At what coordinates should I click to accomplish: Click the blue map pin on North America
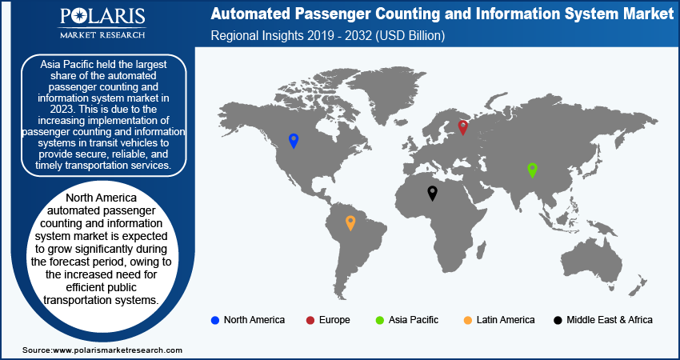[294, 141]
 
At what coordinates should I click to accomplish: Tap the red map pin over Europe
[463, 127]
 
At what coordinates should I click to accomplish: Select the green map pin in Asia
[532, 170]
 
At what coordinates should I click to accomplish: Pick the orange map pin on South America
[350, 223]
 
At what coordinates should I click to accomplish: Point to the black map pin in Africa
[432, 193]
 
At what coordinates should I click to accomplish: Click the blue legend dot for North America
[214, 321]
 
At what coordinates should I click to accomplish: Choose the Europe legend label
[334, 320]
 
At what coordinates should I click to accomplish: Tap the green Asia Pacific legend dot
[379, 321]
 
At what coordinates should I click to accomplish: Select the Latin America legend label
[506, 320]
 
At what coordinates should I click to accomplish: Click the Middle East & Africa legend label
[610, 320]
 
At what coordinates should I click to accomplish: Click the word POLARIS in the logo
[102, 17]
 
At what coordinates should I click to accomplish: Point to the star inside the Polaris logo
[81, 18]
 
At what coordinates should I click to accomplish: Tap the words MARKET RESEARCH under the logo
[102, 34]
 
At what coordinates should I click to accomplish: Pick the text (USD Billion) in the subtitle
[410, 35]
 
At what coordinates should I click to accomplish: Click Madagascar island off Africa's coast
[481, 250]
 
